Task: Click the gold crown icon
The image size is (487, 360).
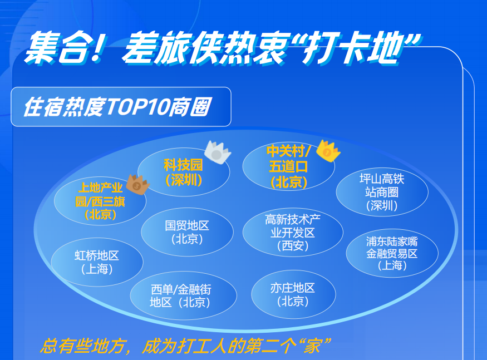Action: tap(328, 151)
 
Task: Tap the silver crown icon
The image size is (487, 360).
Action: tap(218, 152)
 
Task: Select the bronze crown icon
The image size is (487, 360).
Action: tap(138, 185)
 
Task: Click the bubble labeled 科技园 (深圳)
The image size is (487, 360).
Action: tap(184, 172)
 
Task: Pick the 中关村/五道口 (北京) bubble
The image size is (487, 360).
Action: tap(288, 166)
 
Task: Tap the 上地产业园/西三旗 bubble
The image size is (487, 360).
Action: tap(100, 201)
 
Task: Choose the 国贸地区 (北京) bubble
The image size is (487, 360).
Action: tap(187, 232)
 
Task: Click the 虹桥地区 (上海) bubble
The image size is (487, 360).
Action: tap(97, 262)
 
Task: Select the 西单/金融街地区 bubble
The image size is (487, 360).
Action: tap(183, 295)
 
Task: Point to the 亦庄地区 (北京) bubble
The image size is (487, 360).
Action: tap(293, 294)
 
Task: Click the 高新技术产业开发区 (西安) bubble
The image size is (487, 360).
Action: tap(293, 233)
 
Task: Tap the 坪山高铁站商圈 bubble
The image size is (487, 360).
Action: tap(382, 192)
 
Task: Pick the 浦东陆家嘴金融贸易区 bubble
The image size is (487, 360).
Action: tap(392, 253)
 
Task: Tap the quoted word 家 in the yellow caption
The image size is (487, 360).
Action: tap(313, 346)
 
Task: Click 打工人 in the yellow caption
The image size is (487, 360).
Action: tap(203, 346)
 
